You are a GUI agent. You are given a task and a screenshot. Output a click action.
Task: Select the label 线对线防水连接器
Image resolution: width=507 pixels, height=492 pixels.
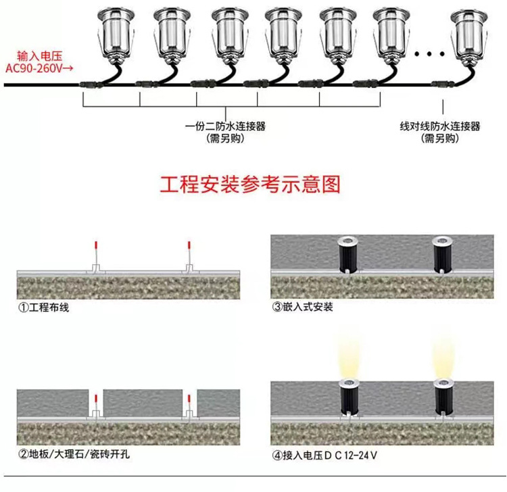click(x=440, y=126)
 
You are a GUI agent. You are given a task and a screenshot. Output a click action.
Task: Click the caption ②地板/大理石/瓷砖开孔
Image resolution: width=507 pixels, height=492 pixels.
click(x=74, y=454)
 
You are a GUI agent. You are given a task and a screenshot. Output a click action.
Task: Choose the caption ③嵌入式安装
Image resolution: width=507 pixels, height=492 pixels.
click(x=302, y=307)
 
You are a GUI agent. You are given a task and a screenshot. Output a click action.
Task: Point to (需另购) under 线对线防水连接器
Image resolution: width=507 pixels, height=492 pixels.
click(x=440, y=138)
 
